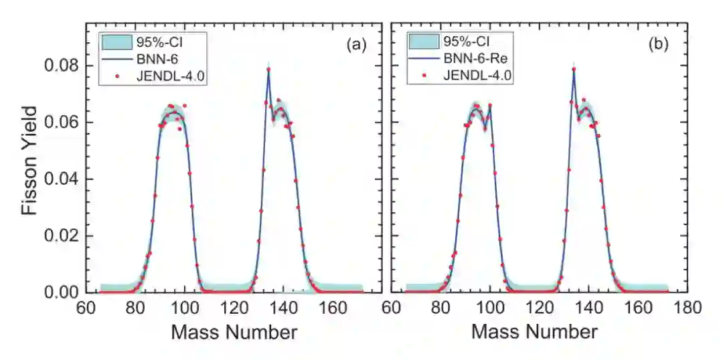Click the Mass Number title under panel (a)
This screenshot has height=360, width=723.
pyautogui.click(x=234, y=332)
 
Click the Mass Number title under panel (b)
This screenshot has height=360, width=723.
pyautogui.click(x=534, y=332)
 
